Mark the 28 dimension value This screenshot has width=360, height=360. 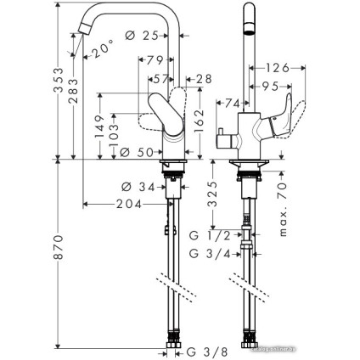(202, 79)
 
